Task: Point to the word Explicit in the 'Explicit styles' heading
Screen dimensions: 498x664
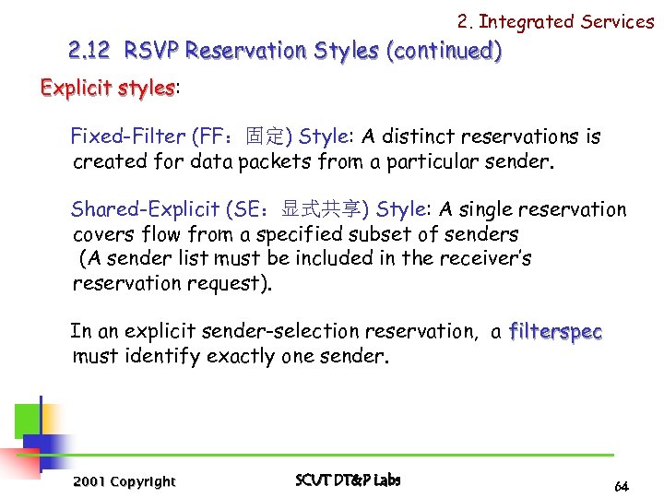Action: pyautogui.click(x=77, y=88)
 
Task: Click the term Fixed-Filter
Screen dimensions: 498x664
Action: pyautogui.click(x=128, y=137)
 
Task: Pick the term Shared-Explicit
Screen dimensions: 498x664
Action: pyautogui.click(x=146, y=209)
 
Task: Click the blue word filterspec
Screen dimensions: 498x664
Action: pyautogui.click(x=555, y=331)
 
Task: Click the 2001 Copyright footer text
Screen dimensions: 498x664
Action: pyautogui.click(x=124, y=481)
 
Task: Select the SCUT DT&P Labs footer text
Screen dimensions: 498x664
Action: pyautogui.click(x=349, y=480)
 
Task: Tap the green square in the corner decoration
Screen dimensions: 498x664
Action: pyautogui.click(x=27, y=420)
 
